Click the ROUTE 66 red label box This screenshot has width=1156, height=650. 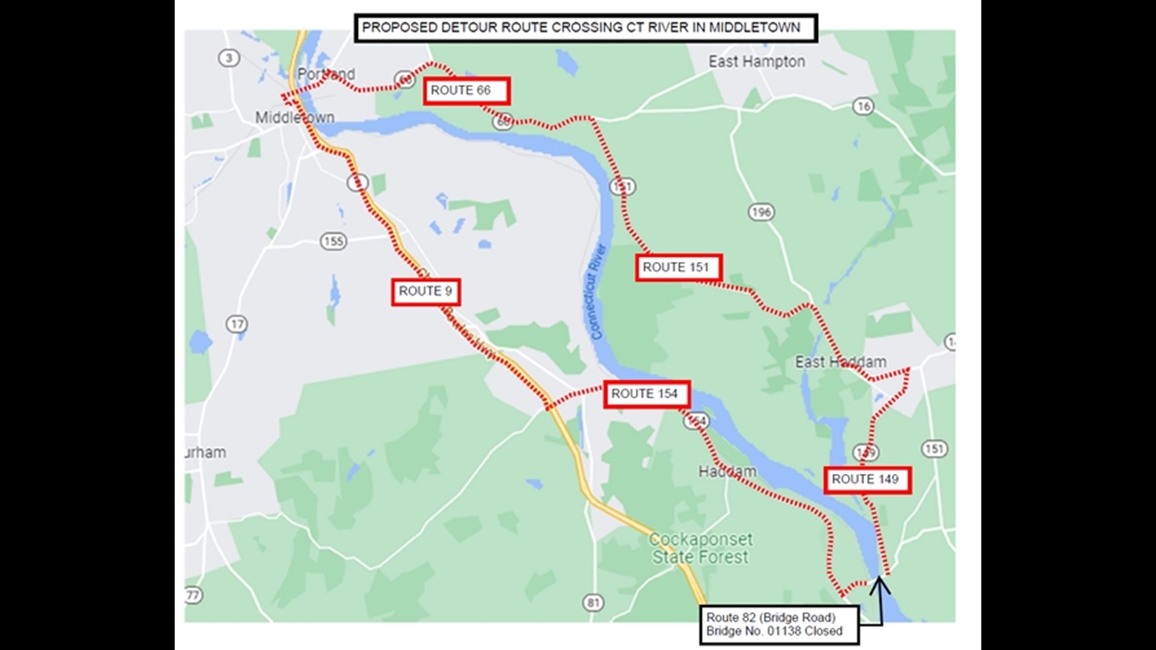tap(467, 91)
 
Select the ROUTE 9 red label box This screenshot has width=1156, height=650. tap(426, 292)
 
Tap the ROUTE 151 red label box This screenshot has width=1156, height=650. tap(679, 267)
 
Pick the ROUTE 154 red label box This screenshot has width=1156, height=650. tap(647, 394)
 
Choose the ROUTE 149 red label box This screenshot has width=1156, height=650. tap(867, 480)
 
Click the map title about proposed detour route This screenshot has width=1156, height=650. tap(585, 28)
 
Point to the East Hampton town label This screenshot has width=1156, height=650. tap(756, 61)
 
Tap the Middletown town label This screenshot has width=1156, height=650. tap(294, 117)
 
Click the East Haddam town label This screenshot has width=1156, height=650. tap(841, 362)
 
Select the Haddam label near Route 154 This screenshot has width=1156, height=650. tap(727, 471)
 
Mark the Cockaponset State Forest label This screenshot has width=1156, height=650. tap(700, 548)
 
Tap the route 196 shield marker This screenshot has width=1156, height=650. tap(761, 212)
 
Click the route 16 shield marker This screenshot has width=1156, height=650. tap(863, 107)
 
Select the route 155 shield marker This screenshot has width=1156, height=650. tap(333, 241)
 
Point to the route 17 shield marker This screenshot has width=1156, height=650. tap(237, 324)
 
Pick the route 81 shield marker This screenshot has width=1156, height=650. tap(593, 602)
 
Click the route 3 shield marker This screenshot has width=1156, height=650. tap(229, 58)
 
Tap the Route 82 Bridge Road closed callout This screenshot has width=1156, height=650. tap(779, 625)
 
